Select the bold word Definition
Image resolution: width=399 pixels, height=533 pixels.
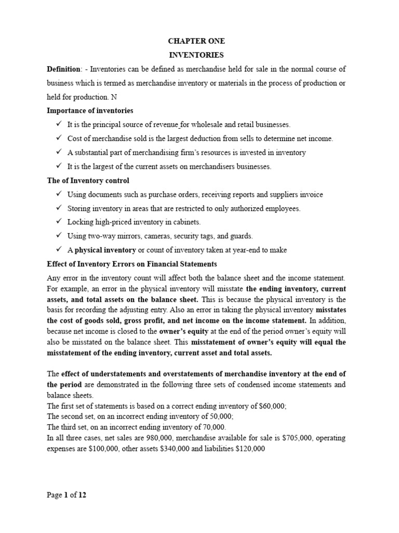(64, 69)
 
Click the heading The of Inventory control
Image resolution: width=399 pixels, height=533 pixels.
(88, 181)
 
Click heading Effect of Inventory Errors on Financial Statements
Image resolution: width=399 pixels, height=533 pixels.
(131, 264)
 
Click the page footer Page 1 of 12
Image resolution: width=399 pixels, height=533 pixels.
(66, 495)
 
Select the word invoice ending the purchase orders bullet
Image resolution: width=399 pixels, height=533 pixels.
(310, 194)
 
